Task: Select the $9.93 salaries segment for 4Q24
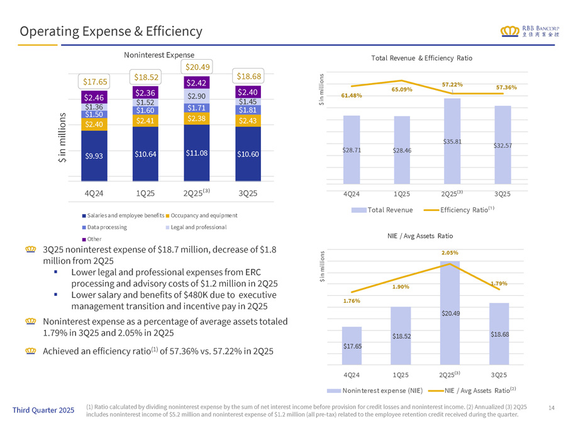pyautogui.click(x=94, y=156)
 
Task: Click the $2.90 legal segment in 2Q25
pyautogui.click(x=197, y=96)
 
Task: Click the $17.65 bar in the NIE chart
pyautogui.click(x=352, y=346)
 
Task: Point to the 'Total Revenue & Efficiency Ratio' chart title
pyautogui.click(x=421, y=58)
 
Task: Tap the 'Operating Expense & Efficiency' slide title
pyautogui.click(x=111, y=31)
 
